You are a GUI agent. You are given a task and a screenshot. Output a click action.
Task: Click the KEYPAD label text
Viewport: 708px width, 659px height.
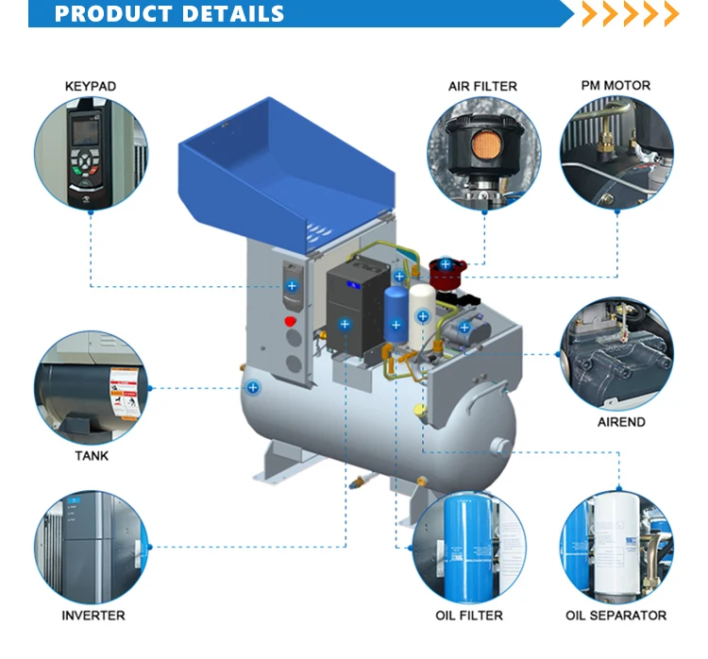tap(90, 87)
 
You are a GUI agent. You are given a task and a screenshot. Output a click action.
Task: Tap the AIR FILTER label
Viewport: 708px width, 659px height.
tap(482, 87)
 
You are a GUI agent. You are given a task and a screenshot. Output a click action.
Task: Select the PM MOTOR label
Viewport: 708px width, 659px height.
tap(615, 86)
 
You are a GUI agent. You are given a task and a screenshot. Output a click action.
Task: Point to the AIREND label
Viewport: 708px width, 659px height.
tap(621, 422)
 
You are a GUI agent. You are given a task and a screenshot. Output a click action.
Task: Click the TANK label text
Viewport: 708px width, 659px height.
tap(92, 456)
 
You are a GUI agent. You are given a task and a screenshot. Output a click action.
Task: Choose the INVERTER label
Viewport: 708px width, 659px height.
tap(93, 616)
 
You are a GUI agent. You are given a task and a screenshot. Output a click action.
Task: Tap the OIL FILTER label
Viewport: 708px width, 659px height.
tap(469, 616)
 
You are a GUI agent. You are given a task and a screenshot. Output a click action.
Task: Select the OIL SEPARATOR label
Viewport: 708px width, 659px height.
tap(615, 616)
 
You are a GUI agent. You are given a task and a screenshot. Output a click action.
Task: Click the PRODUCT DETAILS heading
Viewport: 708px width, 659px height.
tap(170, 14)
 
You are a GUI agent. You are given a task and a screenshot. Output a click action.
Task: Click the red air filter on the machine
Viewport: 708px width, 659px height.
tap(443, 274)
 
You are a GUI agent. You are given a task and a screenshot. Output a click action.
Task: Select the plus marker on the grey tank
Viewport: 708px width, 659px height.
tap(253, 387)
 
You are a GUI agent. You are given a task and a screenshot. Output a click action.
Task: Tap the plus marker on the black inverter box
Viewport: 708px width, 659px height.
tap(345, 324)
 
